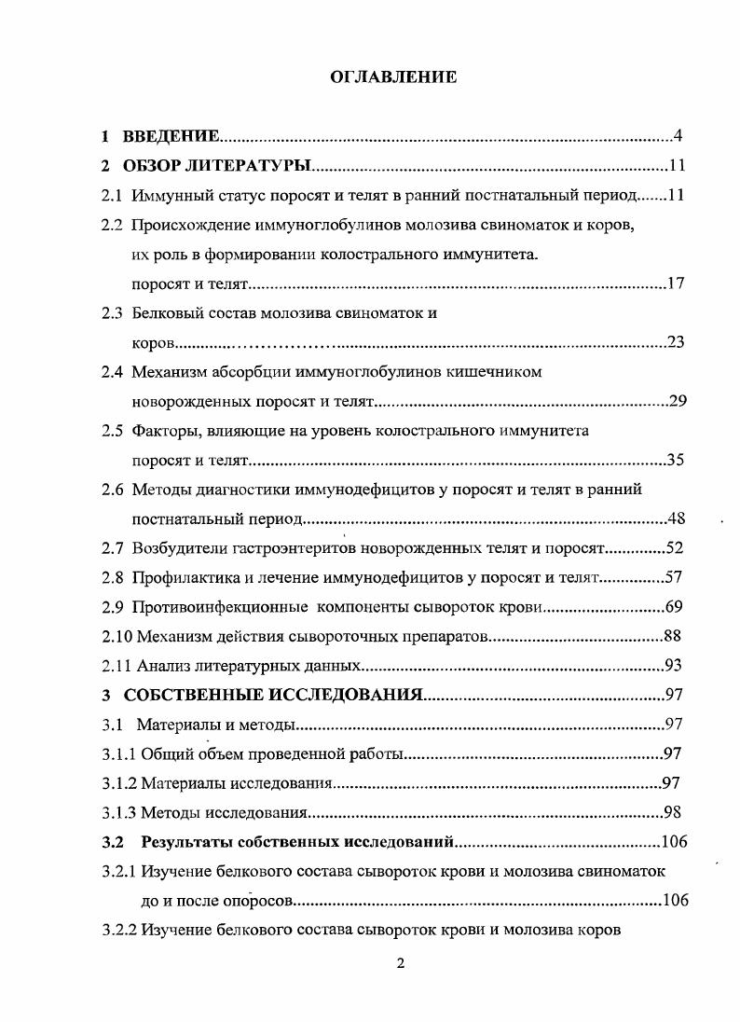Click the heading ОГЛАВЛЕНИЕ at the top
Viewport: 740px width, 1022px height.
click(394, 77)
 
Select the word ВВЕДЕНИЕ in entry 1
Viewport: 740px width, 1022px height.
click(172, 137)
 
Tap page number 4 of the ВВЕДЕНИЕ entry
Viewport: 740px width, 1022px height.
click(678, 137)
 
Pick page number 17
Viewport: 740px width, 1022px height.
click(676, 283)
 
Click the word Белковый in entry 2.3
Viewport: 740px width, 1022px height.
click(162, 313)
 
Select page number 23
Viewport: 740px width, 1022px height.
click(676, 342)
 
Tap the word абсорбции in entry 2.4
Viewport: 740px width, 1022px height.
click(243, 372)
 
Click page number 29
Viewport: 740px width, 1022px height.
click(678, 401)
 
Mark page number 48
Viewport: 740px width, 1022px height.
click(678, 518)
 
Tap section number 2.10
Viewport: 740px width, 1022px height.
click(116, 637)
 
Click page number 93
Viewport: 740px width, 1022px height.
click(674, 665)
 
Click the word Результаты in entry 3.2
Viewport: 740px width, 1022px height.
click(185, 842)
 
